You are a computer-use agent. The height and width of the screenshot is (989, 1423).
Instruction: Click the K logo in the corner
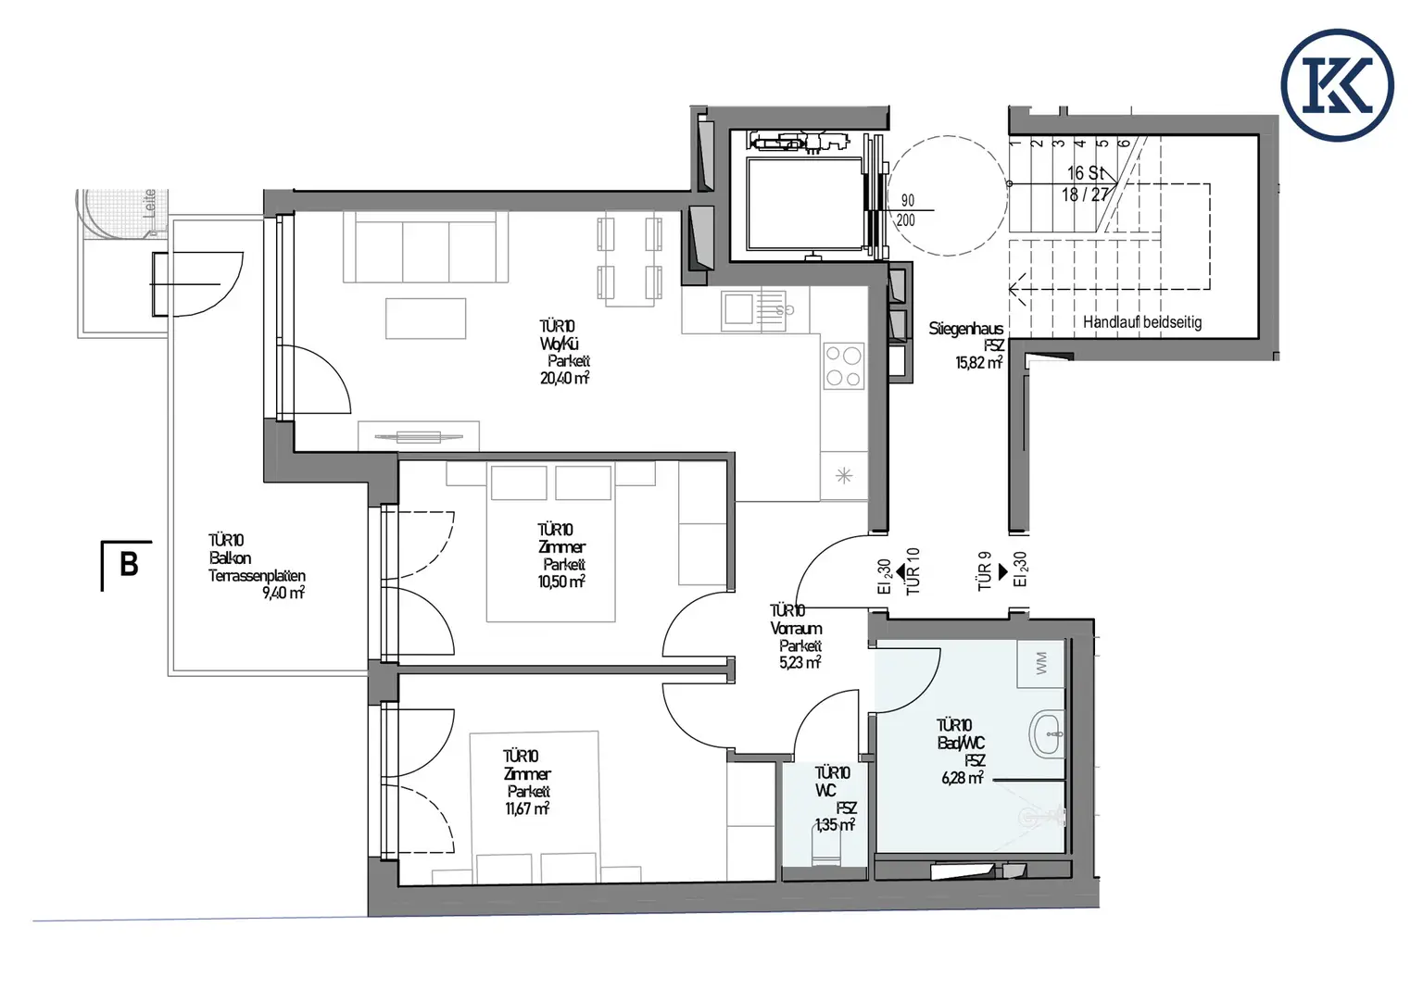1337,84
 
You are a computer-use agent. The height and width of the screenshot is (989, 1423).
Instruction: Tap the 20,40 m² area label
564,379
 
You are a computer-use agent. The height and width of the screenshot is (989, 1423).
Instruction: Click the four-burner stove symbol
844,366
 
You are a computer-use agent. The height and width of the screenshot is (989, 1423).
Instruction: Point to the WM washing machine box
1041,663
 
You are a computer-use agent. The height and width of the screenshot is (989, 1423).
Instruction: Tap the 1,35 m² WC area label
834,824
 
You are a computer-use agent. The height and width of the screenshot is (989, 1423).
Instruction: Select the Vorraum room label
796,628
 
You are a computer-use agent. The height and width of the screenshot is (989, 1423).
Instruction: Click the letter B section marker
129,564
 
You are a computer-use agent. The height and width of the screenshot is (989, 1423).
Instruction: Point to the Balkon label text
230,558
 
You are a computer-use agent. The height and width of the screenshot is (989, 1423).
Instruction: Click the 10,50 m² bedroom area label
561,582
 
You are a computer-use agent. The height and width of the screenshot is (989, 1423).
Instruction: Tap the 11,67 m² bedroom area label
527,808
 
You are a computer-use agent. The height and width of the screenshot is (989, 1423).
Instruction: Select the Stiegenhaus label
965,329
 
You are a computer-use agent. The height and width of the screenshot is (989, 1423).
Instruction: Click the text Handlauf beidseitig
1141,322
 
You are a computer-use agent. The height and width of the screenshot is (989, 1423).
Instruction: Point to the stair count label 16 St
1085,173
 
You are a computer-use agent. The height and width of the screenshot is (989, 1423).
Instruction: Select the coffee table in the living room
425,319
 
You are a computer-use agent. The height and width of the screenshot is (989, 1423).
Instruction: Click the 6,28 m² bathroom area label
962,778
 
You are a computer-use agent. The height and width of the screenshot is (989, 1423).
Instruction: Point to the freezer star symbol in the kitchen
843,476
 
